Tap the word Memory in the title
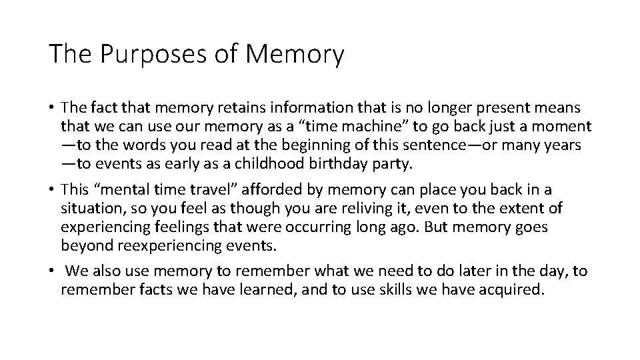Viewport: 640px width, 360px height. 295,55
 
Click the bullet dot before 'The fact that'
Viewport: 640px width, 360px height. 51,107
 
